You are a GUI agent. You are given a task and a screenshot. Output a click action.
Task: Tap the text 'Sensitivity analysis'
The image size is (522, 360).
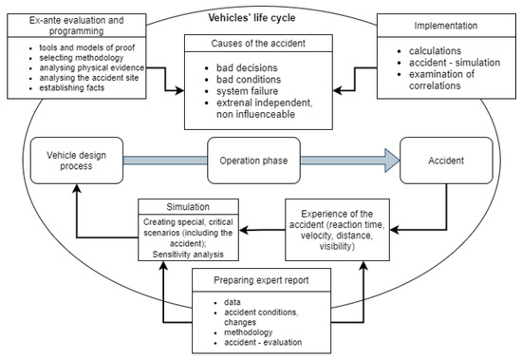coord(190,256)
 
